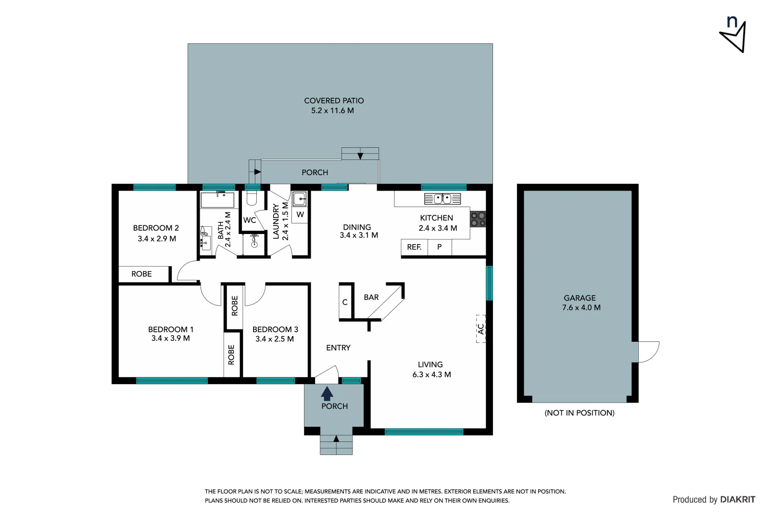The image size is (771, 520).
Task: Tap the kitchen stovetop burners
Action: pyautogui.click(x=478, y=220)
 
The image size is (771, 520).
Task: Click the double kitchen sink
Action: pyautogui.click(x=442, y=198)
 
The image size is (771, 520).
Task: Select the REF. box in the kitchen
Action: pyautogui.click(x=414, y=247)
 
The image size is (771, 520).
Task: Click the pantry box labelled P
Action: pyautogui.click(x=439, y=247)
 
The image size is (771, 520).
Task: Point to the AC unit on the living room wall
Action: pyautogui.click(x=480, y=329)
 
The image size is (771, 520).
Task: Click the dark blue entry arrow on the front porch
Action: pyautogui.click(x=327, y=393)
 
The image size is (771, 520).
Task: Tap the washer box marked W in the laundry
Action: pyautogui.click(x=300, y=215)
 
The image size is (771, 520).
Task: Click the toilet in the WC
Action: pyautogui.click(x=252, y=198)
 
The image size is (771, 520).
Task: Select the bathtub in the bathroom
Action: pyautogui.click(x=217, y=200)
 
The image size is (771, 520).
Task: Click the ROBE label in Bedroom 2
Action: pyautogui.click(x=141, y=274)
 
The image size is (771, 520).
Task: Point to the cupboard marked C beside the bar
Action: pyautogui.click(x=345, y=302)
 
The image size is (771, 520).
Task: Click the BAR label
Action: pyautogui.click(x=371, y=298)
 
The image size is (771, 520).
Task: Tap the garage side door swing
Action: pyautogui.click(x=648, y=351)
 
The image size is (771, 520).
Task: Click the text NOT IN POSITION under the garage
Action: pyautogui.click(x=579, y=413)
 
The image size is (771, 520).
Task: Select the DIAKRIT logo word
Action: pyautogui.click(x=737, y=500)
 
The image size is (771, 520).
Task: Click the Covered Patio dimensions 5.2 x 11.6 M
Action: pyautogui.click(x=332, y=111)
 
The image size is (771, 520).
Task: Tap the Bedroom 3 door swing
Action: pyautogui.click(x=255, y=295)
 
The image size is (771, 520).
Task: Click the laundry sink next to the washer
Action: pyautogui.click(x=300, y=198)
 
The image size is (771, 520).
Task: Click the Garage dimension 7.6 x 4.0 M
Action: pyautogui.click(x=581, y=308)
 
